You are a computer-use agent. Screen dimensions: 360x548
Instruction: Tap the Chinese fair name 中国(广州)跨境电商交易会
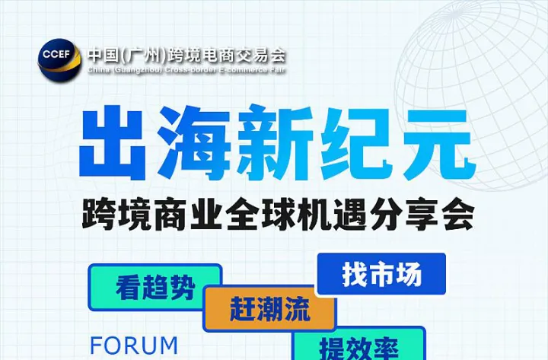186,55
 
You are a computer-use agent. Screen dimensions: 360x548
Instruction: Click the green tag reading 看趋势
155,287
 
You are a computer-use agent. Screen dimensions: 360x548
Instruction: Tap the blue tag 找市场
381,275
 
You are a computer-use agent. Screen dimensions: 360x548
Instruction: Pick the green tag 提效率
358,348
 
